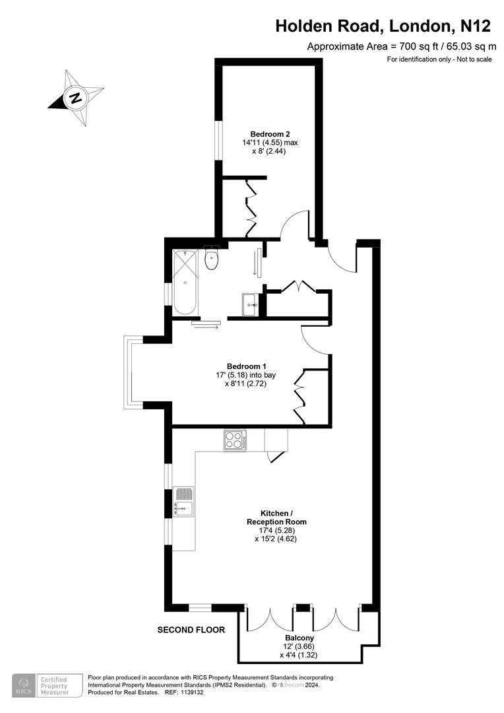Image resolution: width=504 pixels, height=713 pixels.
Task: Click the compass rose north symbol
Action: [x=77, y=100]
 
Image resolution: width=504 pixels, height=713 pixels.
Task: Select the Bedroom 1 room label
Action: [x=246, y=366]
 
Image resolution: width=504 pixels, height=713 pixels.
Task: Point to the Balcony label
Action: [x=298, y=638]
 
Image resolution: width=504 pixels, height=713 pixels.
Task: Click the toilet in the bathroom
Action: [x=212, y=258]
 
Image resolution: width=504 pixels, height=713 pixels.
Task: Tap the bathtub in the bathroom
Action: [x=184, y=282]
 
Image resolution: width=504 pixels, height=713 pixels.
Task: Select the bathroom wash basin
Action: [x=251, y=304]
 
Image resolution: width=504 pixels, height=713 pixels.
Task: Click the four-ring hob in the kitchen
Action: [x=235, y=440]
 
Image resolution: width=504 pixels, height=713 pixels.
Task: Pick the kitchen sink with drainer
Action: [x=183, y=501]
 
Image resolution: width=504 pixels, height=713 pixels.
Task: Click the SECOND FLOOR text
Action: [x=191, y=630]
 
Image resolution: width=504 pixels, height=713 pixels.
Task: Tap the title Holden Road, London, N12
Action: [x=383, y=26]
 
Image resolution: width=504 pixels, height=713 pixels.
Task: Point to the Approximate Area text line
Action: [x=401, y=46]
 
